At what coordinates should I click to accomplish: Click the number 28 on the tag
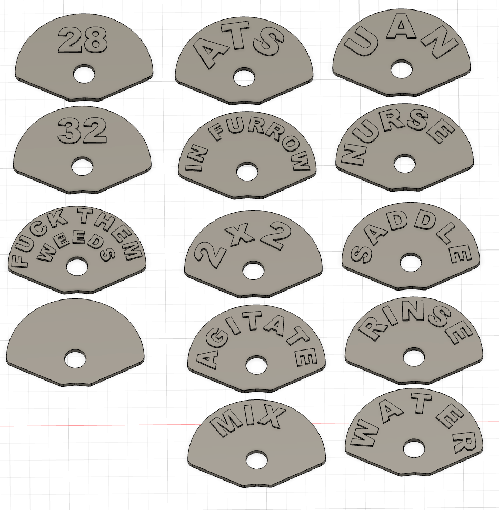pyautogui.click(x=83, y=41)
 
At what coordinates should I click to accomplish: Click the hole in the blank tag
pyautogui.click(x=75, y=359)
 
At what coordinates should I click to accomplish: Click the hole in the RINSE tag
pyautogui.click(x=413, y=356)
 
